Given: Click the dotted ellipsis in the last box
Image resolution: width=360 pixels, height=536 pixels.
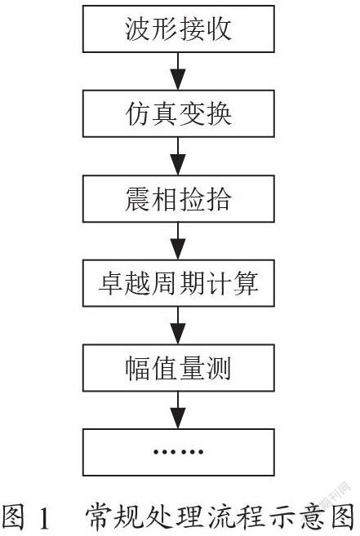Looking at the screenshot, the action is [x=178, y=452].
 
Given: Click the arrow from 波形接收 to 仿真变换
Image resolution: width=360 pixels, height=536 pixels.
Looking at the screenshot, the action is [x=178, y=71].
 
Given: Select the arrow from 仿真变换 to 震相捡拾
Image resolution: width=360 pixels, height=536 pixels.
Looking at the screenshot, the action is [x=178, y=156].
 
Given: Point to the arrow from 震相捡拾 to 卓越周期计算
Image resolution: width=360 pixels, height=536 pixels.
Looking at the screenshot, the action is [x=178, y=241].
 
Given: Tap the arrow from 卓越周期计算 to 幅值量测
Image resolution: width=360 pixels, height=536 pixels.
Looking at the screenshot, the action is [x=178, y=326].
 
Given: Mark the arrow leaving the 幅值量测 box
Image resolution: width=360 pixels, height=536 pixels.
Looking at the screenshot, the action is [x=178, y=410].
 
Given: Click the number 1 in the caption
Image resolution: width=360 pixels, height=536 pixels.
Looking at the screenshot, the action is [x=43, y=519].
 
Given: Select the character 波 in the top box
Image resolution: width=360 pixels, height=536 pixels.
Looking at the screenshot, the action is [x=137, y=29].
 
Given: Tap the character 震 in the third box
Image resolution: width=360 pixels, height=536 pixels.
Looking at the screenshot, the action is [x=137, y=198].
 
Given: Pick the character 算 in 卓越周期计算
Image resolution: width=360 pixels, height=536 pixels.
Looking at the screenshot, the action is [x=246, y=283].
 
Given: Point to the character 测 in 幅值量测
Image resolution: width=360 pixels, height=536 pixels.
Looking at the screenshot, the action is [x=218, y=368].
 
